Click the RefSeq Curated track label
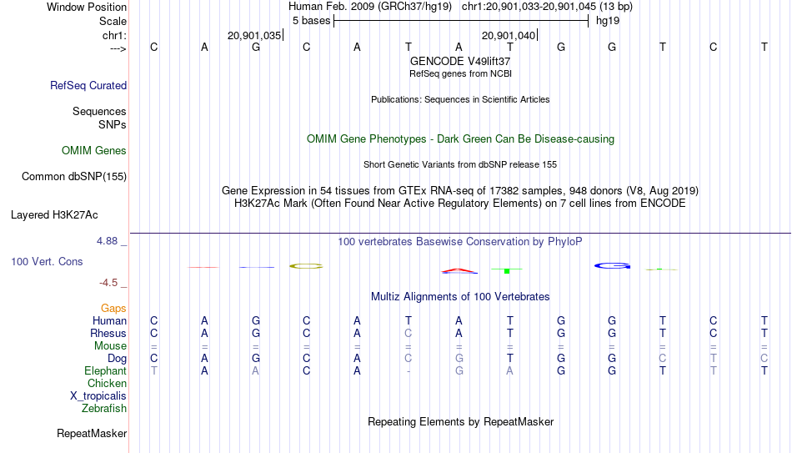coord(88,85)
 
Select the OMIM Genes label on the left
coord(94,151)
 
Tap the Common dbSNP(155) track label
coord(74,177)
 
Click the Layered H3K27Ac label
coord(54,215)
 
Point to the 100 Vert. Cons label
coord(47,261)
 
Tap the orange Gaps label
coord(113,309)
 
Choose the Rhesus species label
coord(108,334)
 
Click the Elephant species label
coord(106,371)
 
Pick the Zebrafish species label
coord(104,409)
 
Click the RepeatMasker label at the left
coord(92,433)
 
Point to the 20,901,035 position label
coord(254,35)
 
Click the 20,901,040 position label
coord(509,35)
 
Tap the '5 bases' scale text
coord(311,21)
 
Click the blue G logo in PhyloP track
coord(612,265)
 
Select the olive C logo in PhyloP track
coord(306,266)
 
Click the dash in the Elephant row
coord(409,371)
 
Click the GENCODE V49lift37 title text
coord(460,61)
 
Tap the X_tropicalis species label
coord(98,396)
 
